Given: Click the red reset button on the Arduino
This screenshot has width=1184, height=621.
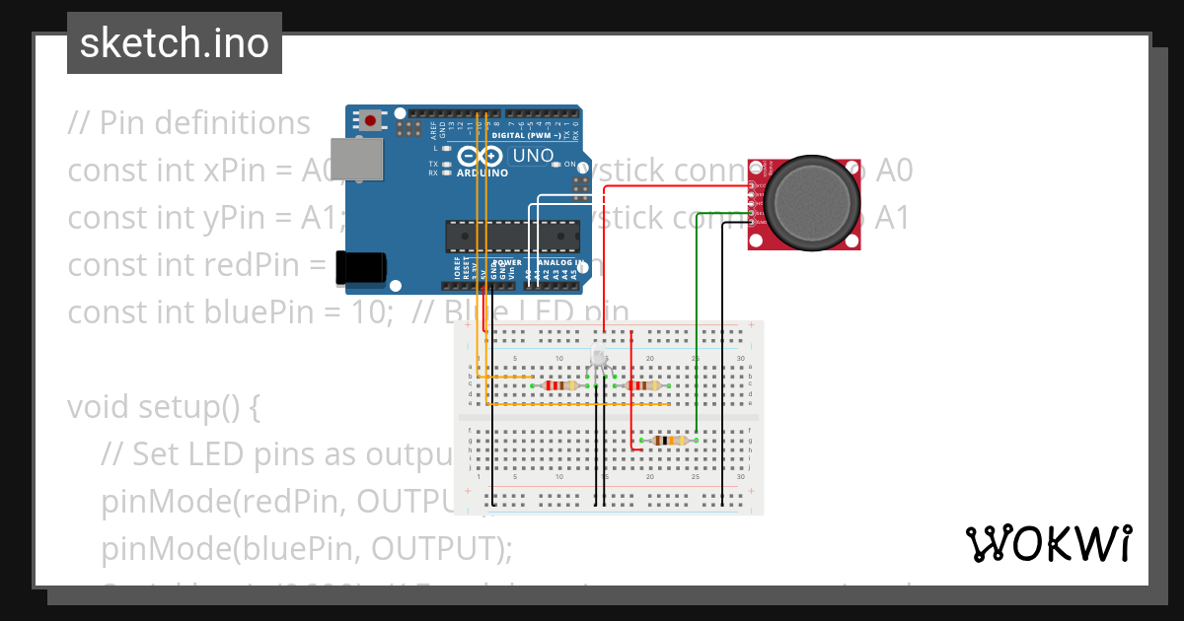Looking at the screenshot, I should click(x=370, y=120).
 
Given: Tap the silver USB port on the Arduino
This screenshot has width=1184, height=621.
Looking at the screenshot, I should click(x=356, y=160).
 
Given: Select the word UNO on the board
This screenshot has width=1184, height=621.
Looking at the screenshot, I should click(x=535, y=156).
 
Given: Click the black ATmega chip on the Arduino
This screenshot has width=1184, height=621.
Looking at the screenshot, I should click(x=512, y=238).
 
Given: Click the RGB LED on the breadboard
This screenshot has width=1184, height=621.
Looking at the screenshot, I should click(x=600, y=360).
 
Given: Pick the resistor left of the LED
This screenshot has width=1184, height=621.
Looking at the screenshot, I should click(x=560, y=385).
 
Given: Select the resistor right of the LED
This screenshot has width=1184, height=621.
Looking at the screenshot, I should click(x=642, y=385).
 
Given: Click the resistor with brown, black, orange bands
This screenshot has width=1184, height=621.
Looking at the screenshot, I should click(x=670, y=441).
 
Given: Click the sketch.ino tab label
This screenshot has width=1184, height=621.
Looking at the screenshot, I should click(x=174, y=43).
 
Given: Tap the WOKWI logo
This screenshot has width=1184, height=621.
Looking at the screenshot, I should click(x=1048, y=543).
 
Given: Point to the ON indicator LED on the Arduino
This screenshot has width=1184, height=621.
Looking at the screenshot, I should click(x=557, y=165).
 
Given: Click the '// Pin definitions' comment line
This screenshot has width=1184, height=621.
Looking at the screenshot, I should click(x=188, y=123).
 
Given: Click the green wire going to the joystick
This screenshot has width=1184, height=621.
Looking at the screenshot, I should click(x=698, y=325).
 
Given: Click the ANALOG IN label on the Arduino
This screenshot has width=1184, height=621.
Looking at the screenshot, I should click(x=567, y=263).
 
